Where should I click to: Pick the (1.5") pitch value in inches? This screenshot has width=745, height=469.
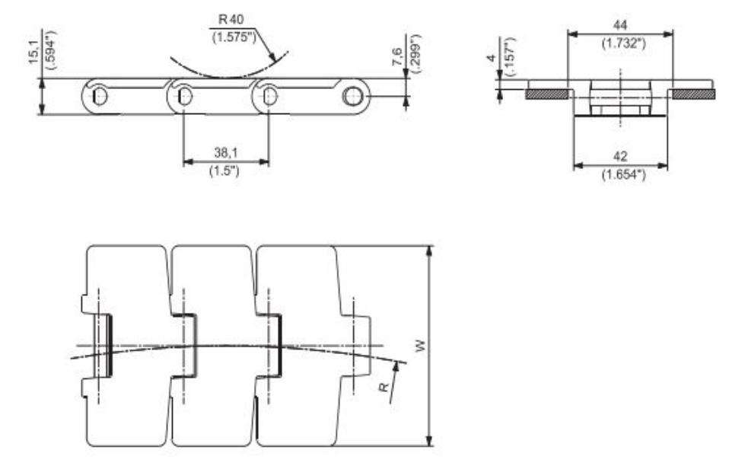coord(225,169)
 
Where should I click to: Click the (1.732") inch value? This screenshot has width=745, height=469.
coord(621,43)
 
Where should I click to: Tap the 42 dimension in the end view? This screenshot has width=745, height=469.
coord(621,156)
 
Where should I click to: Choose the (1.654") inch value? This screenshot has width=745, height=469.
coord(621,174)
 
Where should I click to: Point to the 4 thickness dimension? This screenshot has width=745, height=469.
coord(492,58)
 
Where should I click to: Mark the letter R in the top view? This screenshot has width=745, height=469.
coord(384,386)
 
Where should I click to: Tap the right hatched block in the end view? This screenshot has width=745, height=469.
coord(692,94)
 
